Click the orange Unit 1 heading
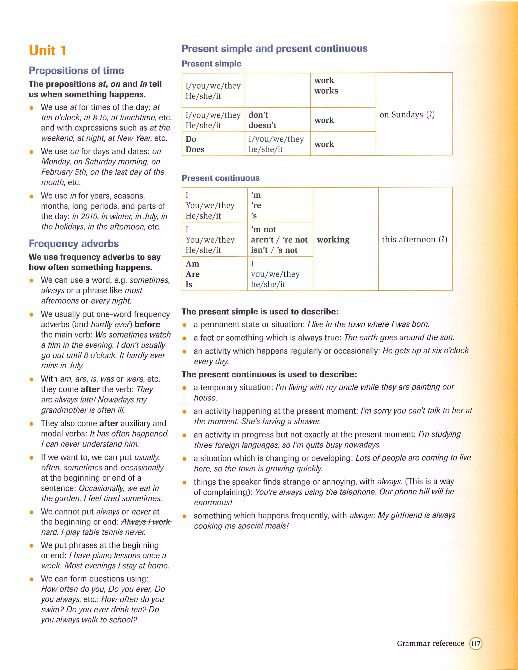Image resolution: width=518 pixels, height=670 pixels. click(48, 51)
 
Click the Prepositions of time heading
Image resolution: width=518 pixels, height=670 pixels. click(76, 70)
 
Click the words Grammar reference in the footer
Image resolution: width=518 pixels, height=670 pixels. click(430, 643)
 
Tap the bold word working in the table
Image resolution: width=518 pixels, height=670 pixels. click(333, 240)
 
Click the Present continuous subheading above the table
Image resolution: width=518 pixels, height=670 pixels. click(221, 178)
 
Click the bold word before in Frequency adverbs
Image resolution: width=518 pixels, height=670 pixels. click(147, 324)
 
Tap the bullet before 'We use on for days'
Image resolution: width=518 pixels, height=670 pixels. click(31, 152)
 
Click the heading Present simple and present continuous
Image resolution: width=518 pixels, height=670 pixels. click(274, 49)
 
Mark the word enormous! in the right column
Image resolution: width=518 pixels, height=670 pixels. click(213, 502)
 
